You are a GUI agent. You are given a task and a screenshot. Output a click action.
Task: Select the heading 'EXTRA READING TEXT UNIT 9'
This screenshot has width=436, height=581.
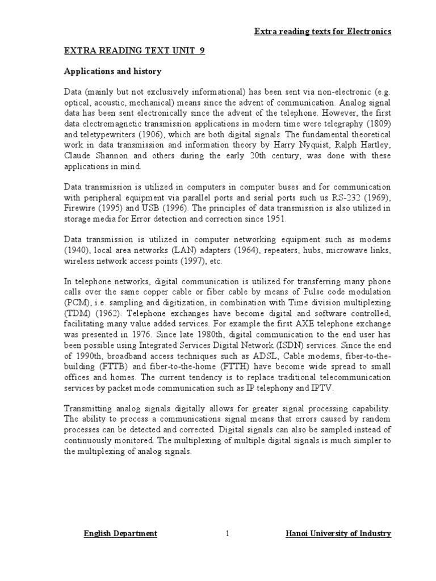[x=133, y=50]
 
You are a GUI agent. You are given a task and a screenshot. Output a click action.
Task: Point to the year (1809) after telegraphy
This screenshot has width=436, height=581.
[x=379, y=124]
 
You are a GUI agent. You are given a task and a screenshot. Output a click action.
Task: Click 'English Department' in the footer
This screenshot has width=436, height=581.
[x=120, y=533]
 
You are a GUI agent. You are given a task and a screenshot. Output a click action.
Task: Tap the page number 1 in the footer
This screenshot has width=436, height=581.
[x=227, y=533]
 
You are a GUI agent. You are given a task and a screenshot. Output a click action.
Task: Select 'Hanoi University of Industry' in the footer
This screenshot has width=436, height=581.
[x=337, y=533]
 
